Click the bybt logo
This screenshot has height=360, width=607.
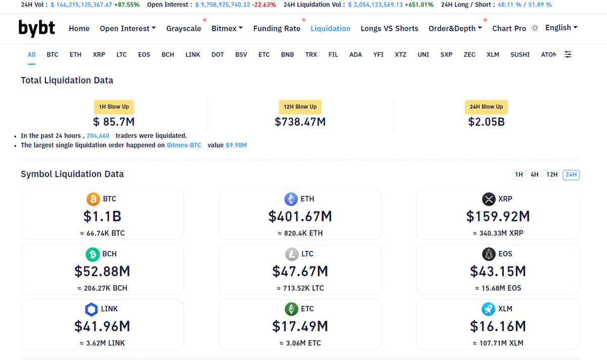tap(36, 28)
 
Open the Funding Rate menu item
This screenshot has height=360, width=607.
tap(277, 28)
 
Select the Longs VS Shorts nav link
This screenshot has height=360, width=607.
tap(389, 28)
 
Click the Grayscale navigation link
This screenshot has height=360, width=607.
tap(184, 28)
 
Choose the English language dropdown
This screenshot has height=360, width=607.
tap(561, 28)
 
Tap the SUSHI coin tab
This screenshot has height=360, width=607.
tap(520, 55)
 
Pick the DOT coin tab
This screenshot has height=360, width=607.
tap(218, 55)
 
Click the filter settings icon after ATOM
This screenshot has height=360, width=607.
tap(568, 55)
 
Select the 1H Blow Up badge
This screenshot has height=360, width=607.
tap(114, 107)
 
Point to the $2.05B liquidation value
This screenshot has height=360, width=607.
tap(486, 122)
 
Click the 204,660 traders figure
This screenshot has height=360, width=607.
tap(98, 136)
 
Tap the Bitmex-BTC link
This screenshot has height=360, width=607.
tap(184, 145)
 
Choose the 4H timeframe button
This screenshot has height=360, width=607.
tap(535, 175)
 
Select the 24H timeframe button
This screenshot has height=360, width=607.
tap(571, 175)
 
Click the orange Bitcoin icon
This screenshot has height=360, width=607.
tap(93, 199)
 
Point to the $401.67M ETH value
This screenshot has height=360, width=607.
tap(300, 216)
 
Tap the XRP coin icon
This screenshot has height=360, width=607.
tap(489, 199)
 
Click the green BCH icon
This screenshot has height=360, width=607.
tap(93, 254)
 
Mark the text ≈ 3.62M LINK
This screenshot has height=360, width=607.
tap(102, 343)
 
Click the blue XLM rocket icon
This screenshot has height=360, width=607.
tap(489, 309)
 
